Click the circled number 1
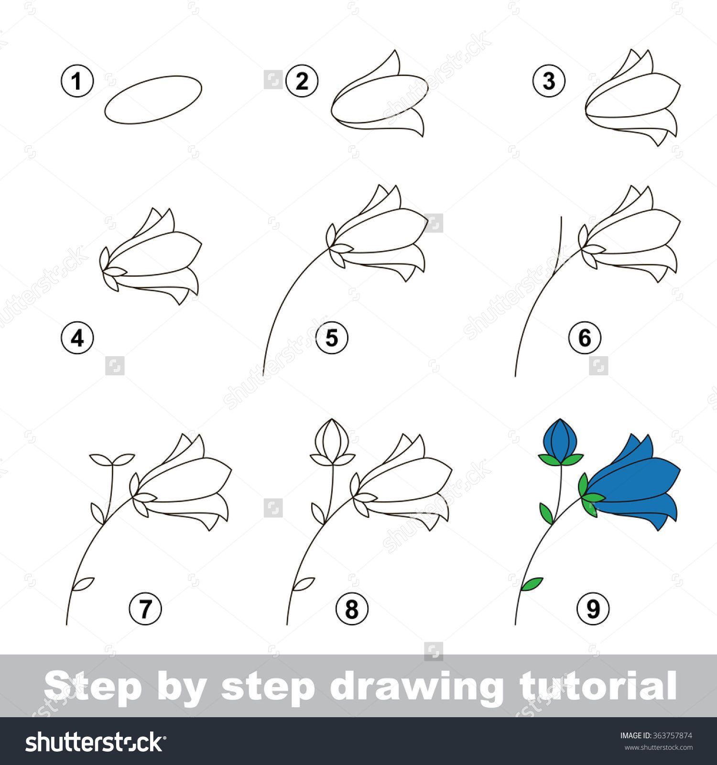77,82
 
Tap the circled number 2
302,82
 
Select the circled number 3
549,82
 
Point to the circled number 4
77,339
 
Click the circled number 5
332,339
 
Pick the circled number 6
585,339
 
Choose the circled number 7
145,609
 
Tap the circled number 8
352,609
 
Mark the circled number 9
593,609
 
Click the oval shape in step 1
153,99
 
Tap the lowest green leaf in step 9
532,584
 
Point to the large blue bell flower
631,483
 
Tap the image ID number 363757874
672,736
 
